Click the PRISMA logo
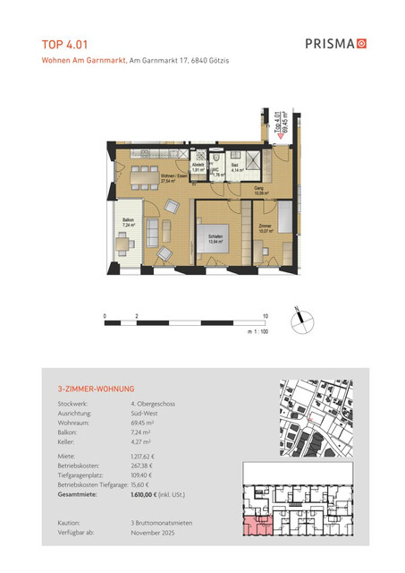[x=336, y=42]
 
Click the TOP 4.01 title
[x=64, y=42]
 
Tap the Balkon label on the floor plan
[x=129, y=222]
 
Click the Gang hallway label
[x=257, y=190]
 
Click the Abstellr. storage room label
[x=200, y=167]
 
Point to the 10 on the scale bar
[x=266, y=317]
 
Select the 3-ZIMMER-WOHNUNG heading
[x=95, y=389]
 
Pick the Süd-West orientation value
[x=146, y=414]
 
